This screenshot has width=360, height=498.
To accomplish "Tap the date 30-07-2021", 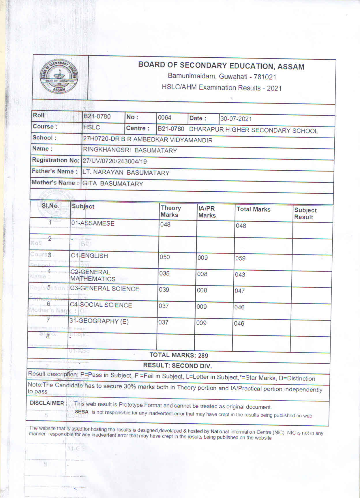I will coord(236,119).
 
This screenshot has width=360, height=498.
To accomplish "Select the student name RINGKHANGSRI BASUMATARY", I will coord(130,150).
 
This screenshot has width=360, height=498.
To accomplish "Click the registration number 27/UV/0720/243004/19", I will coord(115,161).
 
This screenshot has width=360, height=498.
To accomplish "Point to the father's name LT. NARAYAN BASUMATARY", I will coord(126,173).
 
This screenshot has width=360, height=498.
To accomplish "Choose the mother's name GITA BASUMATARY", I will coord(113,184).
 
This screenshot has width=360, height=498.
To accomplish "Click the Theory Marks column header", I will coord(170,211).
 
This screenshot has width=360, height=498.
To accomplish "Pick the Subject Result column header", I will coord(305,214).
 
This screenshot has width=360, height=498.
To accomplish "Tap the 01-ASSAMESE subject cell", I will coord(93,223).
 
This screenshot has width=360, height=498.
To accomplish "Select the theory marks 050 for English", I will coord(165,257).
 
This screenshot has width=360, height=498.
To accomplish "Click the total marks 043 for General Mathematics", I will coord(240,275).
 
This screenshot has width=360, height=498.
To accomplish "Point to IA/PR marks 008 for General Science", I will coord(202,290).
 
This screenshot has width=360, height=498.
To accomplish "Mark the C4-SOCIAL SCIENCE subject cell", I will coord(101,305).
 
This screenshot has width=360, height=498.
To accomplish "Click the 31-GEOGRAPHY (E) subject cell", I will coord(99,321).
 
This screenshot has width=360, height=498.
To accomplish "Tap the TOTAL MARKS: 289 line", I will coord(179,355).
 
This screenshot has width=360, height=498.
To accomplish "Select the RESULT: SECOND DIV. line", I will coord(177,366).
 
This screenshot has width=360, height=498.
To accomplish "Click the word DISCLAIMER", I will coord(47,403).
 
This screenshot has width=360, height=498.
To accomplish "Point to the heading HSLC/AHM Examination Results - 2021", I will coord(222,88).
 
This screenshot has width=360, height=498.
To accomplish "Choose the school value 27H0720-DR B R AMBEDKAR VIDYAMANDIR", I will coord(148,140).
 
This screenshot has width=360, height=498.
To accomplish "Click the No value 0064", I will coord(164,118).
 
